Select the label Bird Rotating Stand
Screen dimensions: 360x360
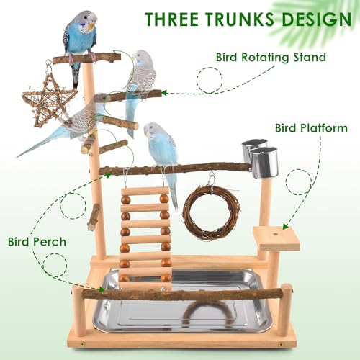[271, 58]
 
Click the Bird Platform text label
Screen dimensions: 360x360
[311, 128]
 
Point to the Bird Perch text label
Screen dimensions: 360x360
[37, 241]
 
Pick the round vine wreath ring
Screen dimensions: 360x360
[211, 213]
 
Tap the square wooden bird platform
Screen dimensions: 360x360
[276, 238]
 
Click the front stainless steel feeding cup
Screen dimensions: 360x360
[264, 163]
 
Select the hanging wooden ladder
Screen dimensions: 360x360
[145, 236]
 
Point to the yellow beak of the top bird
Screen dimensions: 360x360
[91, 26]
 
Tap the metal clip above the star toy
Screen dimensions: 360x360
[49, 67]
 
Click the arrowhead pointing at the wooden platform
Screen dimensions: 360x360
[285, 226]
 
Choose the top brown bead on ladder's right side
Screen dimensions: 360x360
[164, 199]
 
